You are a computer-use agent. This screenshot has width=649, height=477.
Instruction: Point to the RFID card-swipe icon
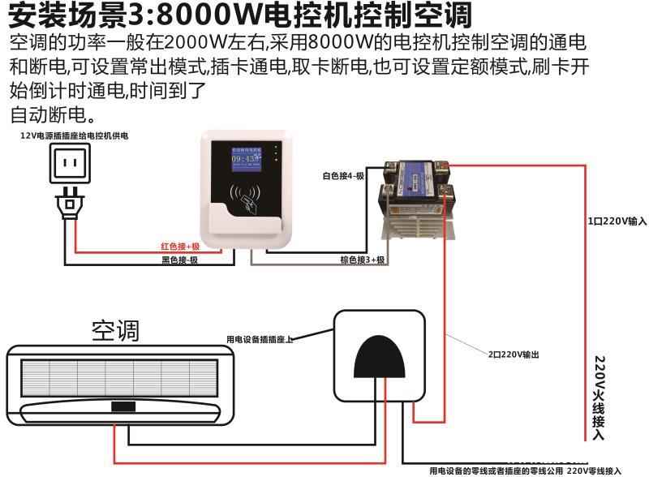(x=247, y=196)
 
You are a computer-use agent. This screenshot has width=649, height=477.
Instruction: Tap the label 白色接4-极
(x=343, y=175)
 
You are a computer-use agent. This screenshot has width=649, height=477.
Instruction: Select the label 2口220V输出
(x=514, y=355)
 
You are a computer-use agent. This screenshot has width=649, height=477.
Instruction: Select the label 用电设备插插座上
(x=260, y=339)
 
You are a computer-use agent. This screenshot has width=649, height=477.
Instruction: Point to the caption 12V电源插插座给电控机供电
(x=74, y=136)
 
